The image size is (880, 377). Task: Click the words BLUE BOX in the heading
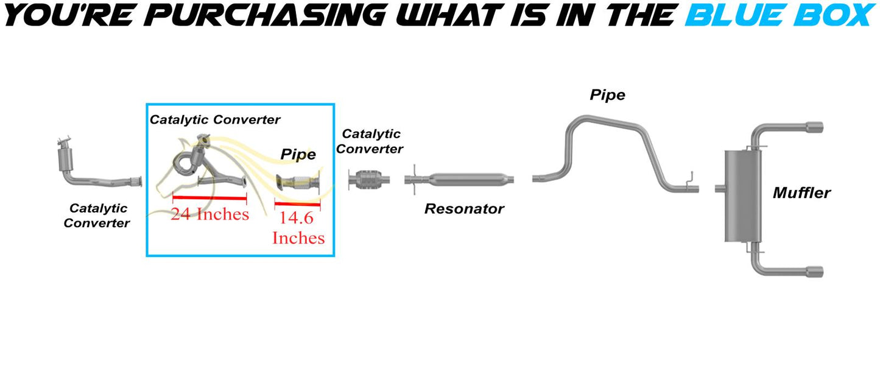(780, 15)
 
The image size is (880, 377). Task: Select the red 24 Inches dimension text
(209, 214)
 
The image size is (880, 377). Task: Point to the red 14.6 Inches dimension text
(298, 228)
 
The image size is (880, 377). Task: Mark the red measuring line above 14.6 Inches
(297, 204)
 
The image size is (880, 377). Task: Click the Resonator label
(464, 209)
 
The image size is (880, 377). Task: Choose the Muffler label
(801, 193)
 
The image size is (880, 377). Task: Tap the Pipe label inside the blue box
(298, 154)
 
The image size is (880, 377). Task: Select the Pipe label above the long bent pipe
(607, 95)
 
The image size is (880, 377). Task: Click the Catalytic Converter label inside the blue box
(215, 119)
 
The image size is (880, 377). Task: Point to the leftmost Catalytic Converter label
(97, 215)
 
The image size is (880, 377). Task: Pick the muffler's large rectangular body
(743, 196)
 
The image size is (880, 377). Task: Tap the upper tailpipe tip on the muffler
(815, 127)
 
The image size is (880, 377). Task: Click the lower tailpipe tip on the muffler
(815, 272)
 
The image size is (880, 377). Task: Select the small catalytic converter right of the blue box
(368, 180)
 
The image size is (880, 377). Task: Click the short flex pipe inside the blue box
(298, 183)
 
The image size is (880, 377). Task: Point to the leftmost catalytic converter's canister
(65, 160)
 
